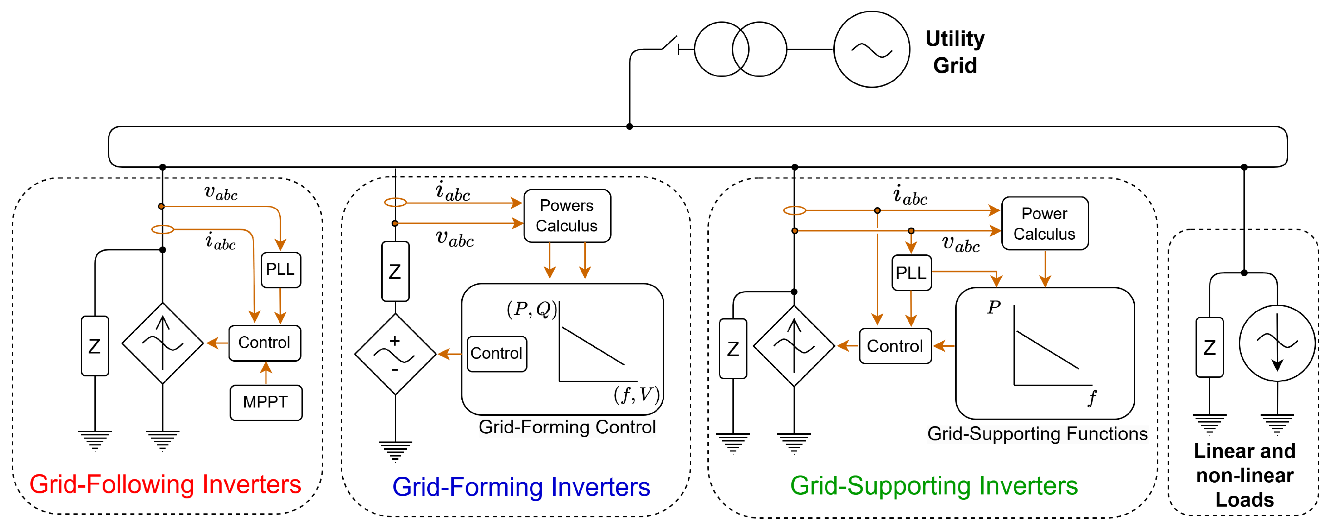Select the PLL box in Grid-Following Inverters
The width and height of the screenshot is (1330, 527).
point(280,269)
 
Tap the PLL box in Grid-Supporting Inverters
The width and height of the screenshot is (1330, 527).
point(911,272)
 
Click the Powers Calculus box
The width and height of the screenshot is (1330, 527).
point(567,215)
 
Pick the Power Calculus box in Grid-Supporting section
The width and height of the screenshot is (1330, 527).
point(1045,223)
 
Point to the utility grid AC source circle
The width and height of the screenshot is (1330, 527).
point(872,50)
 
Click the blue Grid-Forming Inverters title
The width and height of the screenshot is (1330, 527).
point(521,487)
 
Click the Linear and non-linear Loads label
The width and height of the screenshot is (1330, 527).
point(1244,475)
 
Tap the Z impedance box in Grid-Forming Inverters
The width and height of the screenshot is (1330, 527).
point(395,271)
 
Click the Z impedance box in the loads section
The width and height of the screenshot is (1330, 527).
point(1209,347)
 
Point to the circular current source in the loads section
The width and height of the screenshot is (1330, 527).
point(1277,343)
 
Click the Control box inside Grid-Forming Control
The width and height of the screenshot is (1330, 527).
point(496,353)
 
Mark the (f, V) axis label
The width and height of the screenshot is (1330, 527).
point(636,395)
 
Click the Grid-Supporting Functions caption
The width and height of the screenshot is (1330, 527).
point(1037,434)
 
